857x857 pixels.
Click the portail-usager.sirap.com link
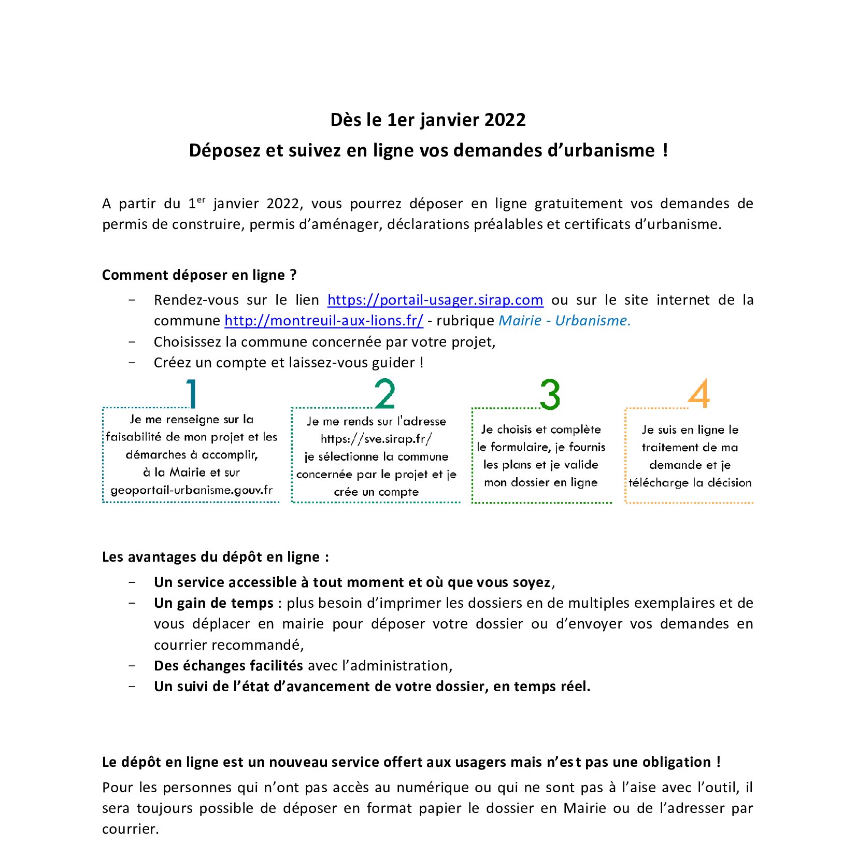[435, 300]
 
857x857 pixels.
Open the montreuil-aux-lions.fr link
[323, 321]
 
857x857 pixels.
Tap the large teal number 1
[192, 394]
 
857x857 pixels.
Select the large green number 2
[385, 394]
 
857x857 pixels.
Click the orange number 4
[699, 394]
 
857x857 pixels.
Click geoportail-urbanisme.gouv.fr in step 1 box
[191, 490]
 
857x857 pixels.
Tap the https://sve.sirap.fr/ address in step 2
[376, 439]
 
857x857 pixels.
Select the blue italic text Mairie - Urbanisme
[564, 321]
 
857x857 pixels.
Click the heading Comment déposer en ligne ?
[199, 275]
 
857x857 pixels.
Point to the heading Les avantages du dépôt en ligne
[215, 557]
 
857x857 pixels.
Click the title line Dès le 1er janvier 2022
[428, 120]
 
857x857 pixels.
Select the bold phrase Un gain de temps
[213, 603]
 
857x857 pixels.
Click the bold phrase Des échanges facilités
[228, 666]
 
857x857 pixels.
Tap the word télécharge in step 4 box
[658, 483]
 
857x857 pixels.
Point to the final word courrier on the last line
[130, 829]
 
